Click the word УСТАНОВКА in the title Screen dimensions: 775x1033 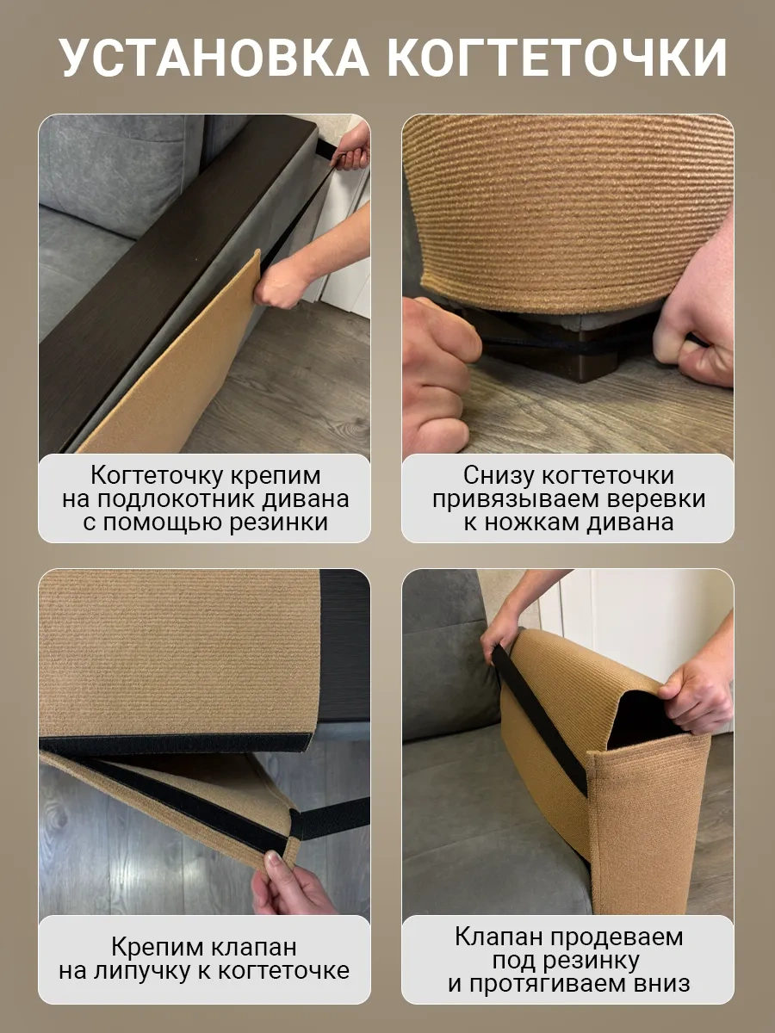214,58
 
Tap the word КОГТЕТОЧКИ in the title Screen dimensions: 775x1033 556,58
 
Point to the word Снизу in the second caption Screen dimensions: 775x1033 499,476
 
